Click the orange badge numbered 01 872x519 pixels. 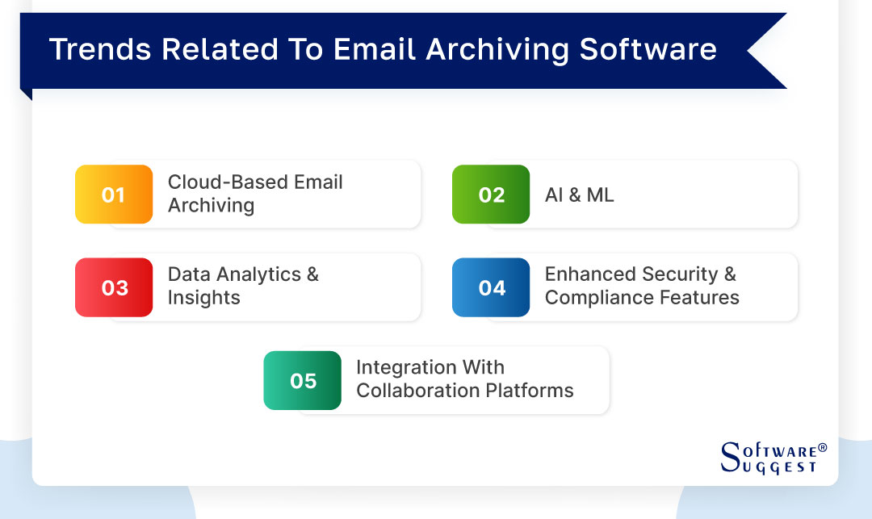tap(114, 195)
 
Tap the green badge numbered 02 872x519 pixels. tap(491, 195)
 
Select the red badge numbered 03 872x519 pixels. tap(114, 287)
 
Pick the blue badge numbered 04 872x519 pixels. tap(491, 287)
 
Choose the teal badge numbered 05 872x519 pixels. tap(303, 380)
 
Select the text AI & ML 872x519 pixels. tap(579, 195)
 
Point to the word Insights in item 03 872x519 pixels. tap(203, 298)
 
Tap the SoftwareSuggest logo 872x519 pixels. tap(767, 458)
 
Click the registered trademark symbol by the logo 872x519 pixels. tap(823, 447)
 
